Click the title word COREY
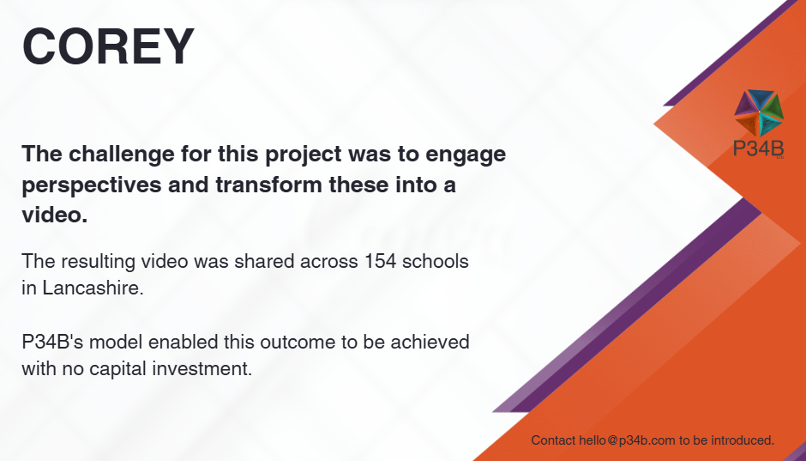[108, 47]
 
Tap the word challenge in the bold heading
[120, 155]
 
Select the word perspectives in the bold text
[91, 185]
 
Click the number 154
[381, 261]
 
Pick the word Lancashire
[93, 288]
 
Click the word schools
[436, 261]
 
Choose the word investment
[208, 369]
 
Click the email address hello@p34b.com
[627, 440]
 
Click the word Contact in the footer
[553, 440]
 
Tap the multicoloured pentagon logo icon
[759, 112]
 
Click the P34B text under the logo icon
[759, 149]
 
